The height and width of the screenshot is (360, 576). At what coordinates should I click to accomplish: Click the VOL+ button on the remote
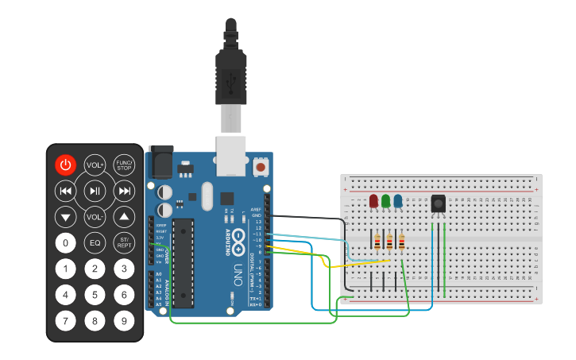(x=95, y=165)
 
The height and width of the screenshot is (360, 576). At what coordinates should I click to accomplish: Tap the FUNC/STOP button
(x=124, y=165)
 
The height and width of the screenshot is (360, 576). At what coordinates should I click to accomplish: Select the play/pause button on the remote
(x=95, y=191)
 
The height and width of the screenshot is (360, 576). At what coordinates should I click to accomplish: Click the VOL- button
(x=95, y=217)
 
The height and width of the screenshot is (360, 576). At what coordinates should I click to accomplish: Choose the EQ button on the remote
(x=95, y=242)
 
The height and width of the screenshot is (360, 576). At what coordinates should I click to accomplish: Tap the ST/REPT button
(x=124, y=242)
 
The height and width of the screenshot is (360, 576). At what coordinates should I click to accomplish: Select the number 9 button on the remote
(x=124, y=321)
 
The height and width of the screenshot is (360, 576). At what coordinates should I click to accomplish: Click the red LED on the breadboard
(x=373, y=201)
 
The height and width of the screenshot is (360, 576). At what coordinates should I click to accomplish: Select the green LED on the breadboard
(x=385, y=201)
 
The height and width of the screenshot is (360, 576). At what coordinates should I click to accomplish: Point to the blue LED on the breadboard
(x=398, y=201)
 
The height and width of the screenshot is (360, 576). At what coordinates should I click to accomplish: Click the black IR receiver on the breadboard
(x=438, y=204)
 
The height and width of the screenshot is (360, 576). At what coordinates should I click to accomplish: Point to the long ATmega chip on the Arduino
(x=183, y=262)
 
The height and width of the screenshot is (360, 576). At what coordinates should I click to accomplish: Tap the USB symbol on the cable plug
(x=230, y=80)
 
